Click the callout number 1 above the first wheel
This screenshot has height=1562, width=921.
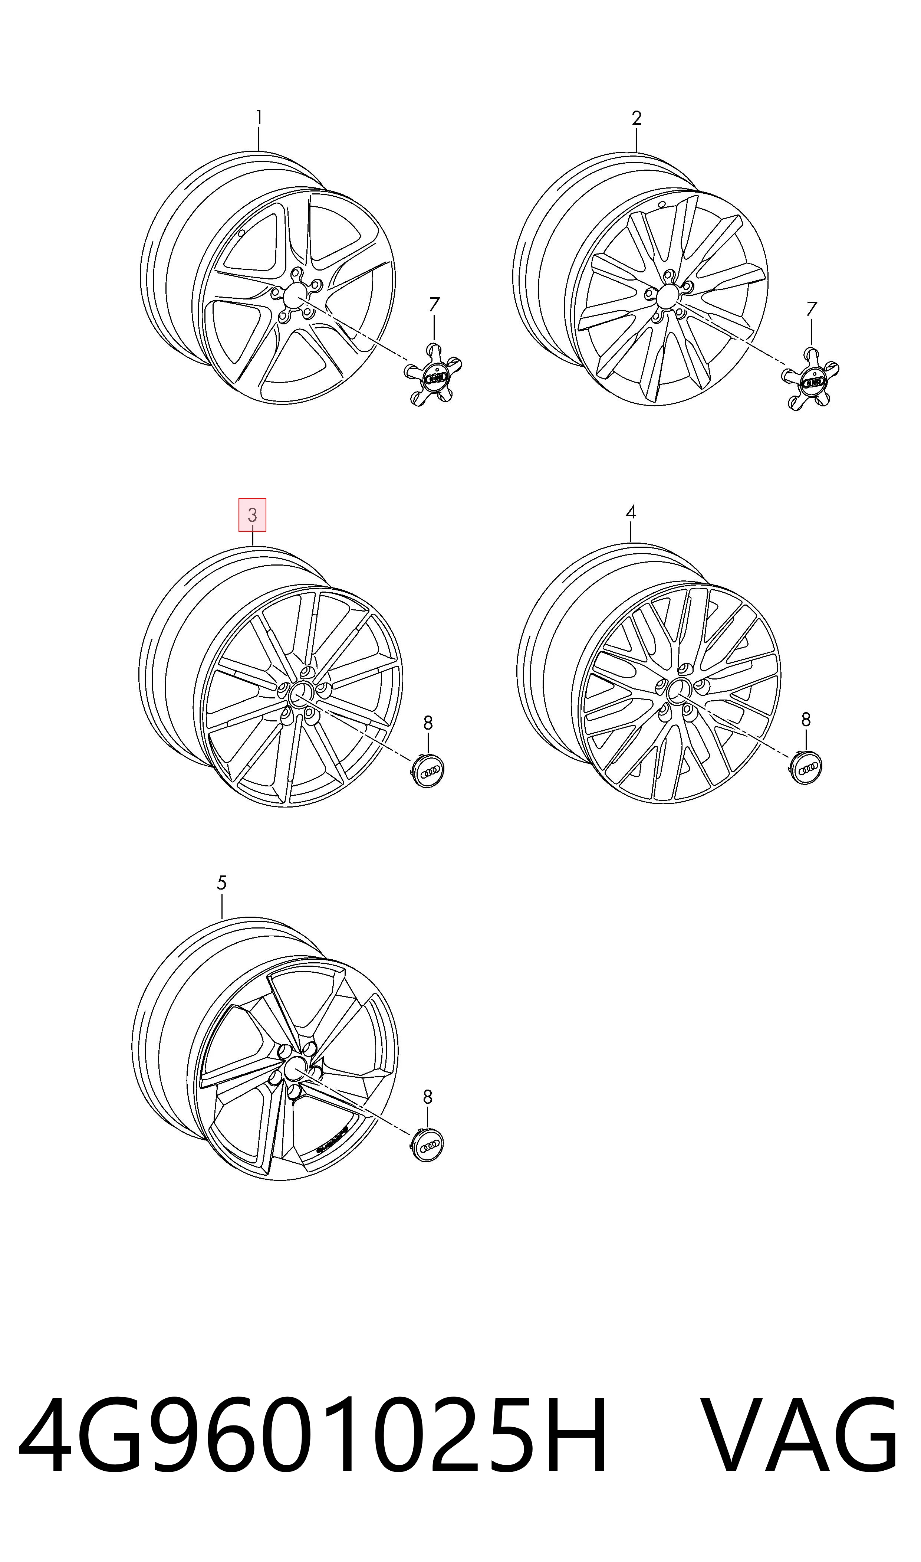click(259, 117)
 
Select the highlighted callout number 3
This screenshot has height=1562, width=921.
click(253, 515)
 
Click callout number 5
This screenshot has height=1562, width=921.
click(221, 883)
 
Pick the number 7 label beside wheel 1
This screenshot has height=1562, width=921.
click(434, 305)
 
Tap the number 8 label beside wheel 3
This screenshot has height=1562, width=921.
click(428, 723)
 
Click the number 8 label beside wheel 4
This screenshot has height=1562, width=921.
click(806, 720)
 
